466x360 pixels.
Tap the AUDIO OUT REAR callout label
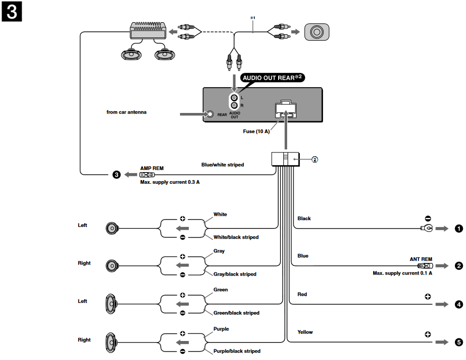point(273,78)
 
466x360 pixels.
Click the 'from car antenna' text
point(126,112)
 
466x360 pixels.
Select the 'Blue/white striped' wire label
point(222,165)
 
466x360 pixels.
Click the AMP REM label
point(151,168)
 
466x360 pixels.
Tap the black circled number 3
point(116,175)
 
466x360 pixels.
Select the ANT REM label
point(421,259)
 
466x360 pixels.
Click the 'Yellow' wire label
point(305,332)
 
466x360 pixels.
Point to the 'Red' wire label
point(302,294)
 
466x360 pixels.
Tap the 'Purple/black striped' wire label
point(236,351)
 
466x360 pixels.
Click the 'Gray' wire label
point(219,251)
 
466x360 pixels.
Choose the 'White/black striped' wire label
point(235,237)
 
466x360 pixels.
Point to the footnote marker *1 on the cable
point(252,18)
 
